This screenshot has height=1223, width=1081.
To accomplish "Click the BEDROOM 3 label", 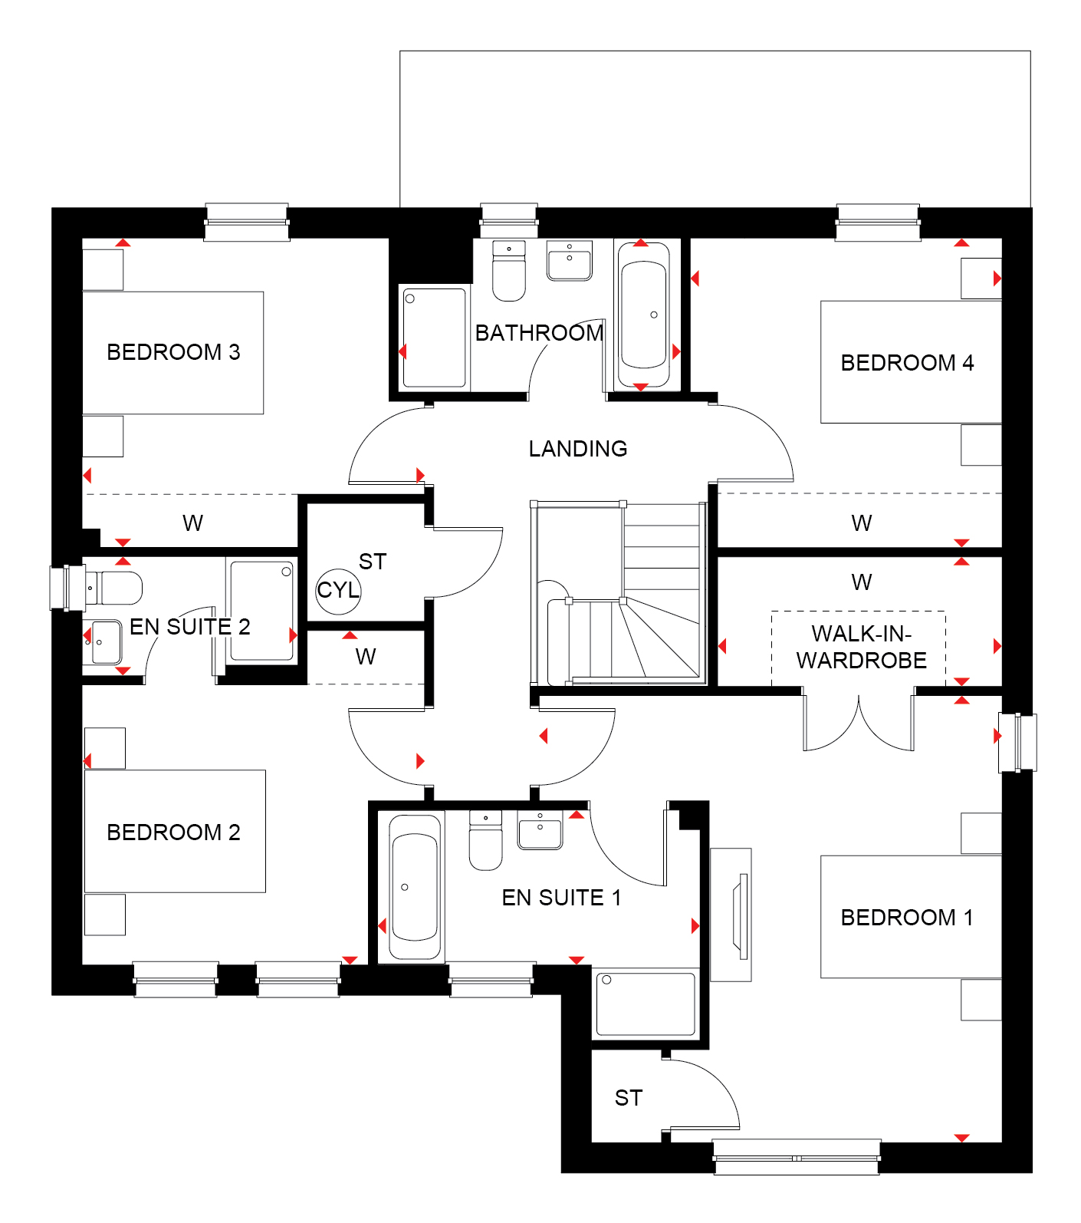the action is click(x=173, y=352).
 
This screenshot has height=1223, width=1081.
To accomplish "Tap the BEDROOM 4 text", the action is click(x=907, y=363).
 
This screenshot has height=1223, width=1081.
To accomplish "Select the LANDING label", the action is click(x=578, y=449).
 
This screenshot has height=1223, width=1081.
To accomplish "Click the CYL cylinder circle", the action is click(x=338, y=591).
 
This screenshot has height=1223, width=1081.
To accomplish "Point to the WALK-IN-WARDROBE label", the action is click(x=861, y=647).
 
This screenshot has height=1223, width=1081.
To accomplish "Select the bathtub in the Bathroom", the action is click(x=643, y=315).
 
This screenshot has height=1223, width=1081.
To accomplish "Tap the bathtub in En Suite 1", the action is click(x=415, y=886).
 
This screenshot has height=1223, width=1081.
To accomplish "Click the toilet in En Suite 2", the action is click(x=114, y=588).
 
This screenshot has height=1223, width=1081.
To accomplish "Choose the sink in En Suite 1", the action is click(x=540, y=830).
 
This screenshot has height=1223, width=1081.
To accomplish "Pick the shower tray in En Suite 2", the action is click(x=261, y=611).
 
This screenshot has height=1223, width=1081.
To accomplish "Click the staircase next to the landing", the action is click(x=618, y=592).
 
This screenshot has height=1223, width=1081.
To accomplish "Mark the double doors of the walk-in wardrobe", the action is click(x=859, y=720).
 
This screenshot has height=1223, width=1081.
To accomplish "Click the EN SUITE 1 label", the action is click(x=561, y=898).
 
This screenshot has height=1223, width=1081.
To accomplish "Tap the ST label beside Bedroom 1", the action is click(x=629, y=1098).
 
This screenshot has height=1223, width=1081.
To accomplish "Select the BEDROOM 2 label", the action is click(x=173, y=832).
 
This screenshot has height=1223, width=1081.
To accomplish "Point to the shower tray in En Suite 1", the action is click(x=646, y=1004).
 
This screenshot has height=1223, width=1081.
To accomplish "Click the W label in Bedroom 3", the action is click(x=192, y=523).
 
